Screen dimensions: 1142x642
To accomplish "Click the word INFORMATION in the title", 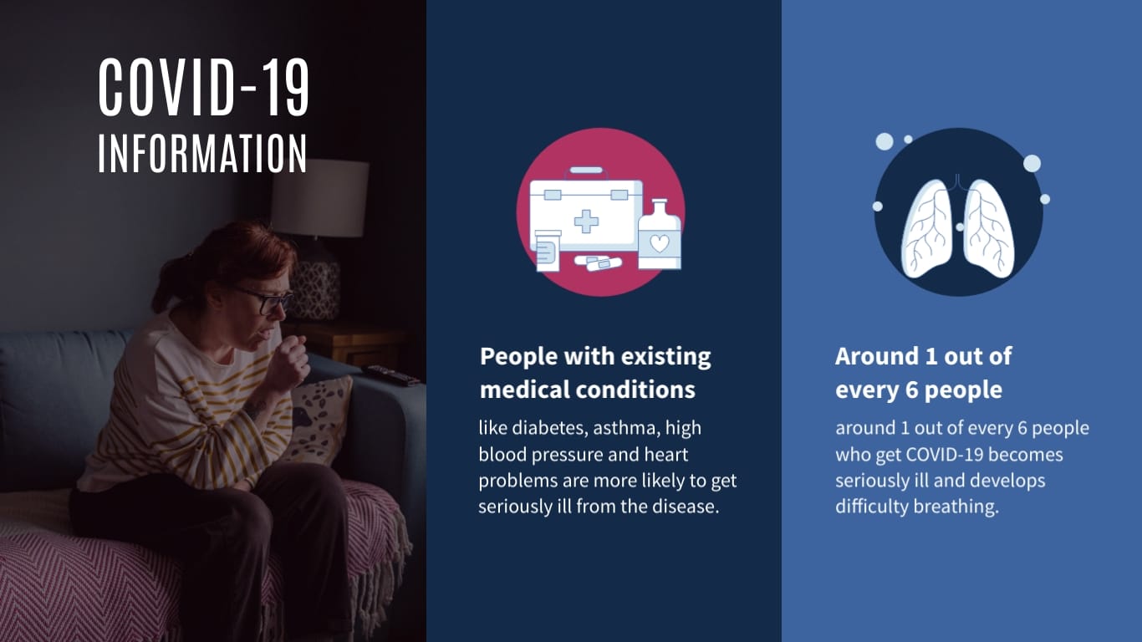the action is pyautogui.click(x=202, y=154).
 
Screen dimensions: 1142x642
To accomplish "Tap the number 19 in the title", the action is pyautogui.click(x=287, y=87).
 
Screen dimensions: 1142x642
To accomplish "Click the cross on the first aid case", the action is pyautogui.click(x=586, y=222).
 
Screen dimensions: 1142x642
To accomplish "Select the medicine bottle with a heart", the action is pyautogui.click(x=659, y=235).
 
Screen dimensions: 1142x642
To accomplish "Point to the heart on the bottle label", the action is pyautogui.click(x=659, y=243).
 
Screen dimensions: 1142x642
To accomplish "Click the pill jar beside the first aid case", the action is pyautogui.click(x=548, y=251).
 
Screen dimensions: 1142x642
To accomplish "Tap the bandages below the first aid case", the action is pyautogui.click(x=598, y=263).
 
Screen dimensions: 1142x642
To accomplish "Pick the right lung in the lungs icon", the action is pyautogui.click(x=989, y=229).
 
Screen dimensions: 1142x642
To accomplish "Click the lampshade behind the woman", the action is pyautogui.click(x=319, y=198).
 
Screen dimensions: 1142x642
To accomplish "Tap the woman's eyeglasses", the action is pyautogui.click(x=268, y=300).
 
